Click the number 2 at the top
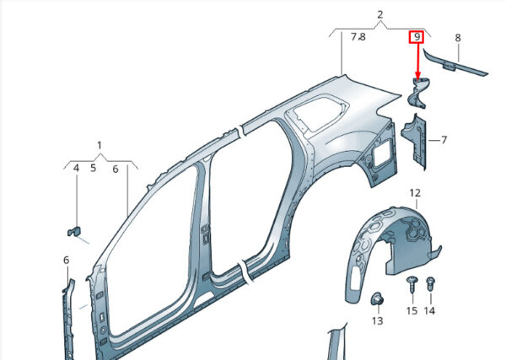tap(380, 14)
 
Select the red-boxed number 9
tap(417, 37)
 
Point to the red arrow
tap(418, 62)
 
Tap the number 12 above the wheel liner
tap(415, 193)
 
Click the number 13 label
tap(377, 320)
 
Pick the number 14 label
tap(429, 310)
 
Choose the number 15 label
tap(412, 310)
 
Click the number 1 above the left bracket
tap(100, 146)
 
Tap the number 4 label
tap(76, 168)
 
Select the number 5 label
tap(94, 168)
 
